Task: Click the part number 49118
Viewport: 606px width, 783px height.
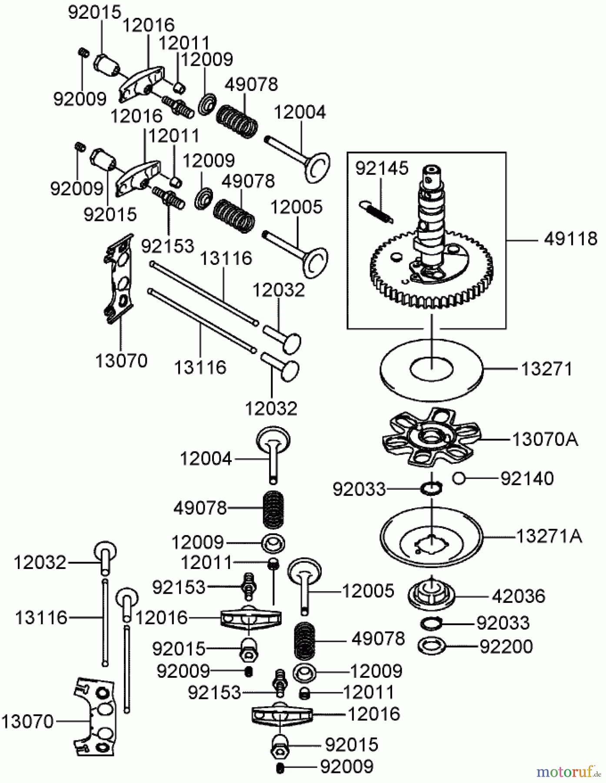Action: pyautogui.click(x=570, y=239)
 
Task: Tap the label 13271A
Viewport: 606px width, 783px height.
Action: pyautogui.click(x=549, y=536)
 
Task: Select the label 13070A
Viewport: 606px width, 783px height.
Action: pyautogui.click(x=545, y=439)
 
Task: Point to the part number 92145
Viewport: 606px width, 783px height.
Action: pyautogui.click(x=382, y=168)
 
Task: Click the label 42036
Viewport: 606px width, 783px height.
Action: pyautogui.click(x=518, y=596)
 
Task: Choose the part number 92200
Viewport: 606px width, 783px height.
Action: pyautogui.click(x=506, y=646)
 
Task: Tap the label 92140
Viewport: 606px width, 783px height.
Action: pyautogui.click(x=527, y=478)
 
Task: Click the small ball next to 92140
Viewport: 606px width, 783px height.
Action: pyautogui.click(x=459, y=478)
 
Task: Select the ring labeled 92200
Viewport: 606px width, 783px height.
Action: pyautogui.click(x=431, y=646)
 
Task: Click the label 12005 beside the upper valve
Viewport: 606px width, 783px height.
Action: pyautogui.click(x=296, y=207)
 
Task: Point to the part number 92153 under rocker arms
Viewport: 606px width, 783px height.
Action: pyautogui.click(x=167, y=246)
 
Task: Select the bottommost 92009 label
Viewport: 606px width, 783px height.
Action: pyautogui.click(x=346, y=766)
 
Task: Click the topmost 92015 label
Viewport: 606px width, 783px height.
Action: pyautogui.click(x=94, y=13)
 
